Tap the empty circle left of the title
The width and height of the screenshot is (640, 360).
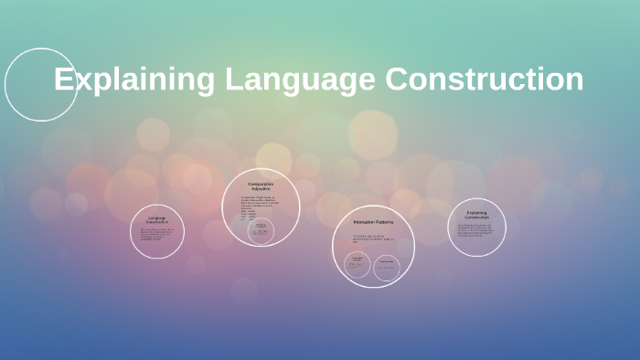[x=40, y=85]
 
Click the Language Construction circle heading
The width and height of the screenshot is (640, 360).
[x=157, y=219]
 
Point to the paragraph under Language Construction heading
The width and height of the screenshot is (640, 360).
[x=157, y=235]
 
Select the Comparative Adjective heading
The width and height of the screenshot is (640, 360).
[x=261, y=185]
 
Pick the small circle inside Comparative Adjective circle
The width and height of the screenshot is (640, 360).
[x=261, y=230]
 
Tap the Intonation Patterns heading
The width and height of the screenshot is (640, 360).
[x=372, y=222]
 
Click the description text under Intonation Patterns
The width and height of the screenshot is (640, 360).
[x=373, y=239]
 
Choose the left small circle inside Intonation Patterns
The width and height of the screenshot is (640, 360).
[x=357, y=266]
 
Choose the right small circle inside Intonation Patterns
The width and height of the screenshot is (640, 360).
[x=387, y=266]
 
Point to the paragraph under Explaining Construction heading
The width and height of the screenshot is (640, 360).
[x=476, y=229]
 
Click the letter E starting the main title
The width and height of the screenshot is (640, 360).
[x=63, y=79]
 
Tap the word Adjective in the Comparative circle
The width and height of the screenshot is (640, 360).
[x=261, y=188]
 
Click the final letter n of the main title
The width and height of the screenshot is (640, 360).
[x=574, y=79]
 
